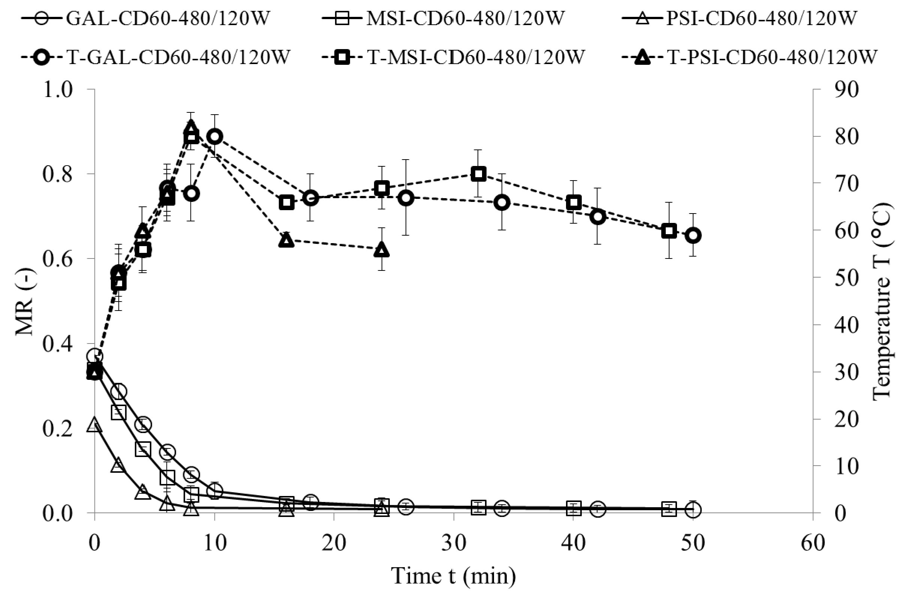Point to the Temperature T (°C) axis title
click(x=882, y=302)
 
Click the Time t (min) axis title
click(x=454, y=576)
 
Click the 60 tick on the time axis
click(x=813, y=542)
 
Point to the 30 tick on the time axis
click(x=454, y=542)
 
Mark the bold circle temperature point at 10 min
click(x=214, y=137)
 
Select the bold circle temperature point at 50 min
click(x=693, y=235)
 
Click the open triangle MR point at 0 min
click(x=94, y=425)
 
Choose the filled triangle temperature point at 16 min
click(x=286, y=240)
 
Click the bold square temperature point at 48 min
click(x=669, y=231)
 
